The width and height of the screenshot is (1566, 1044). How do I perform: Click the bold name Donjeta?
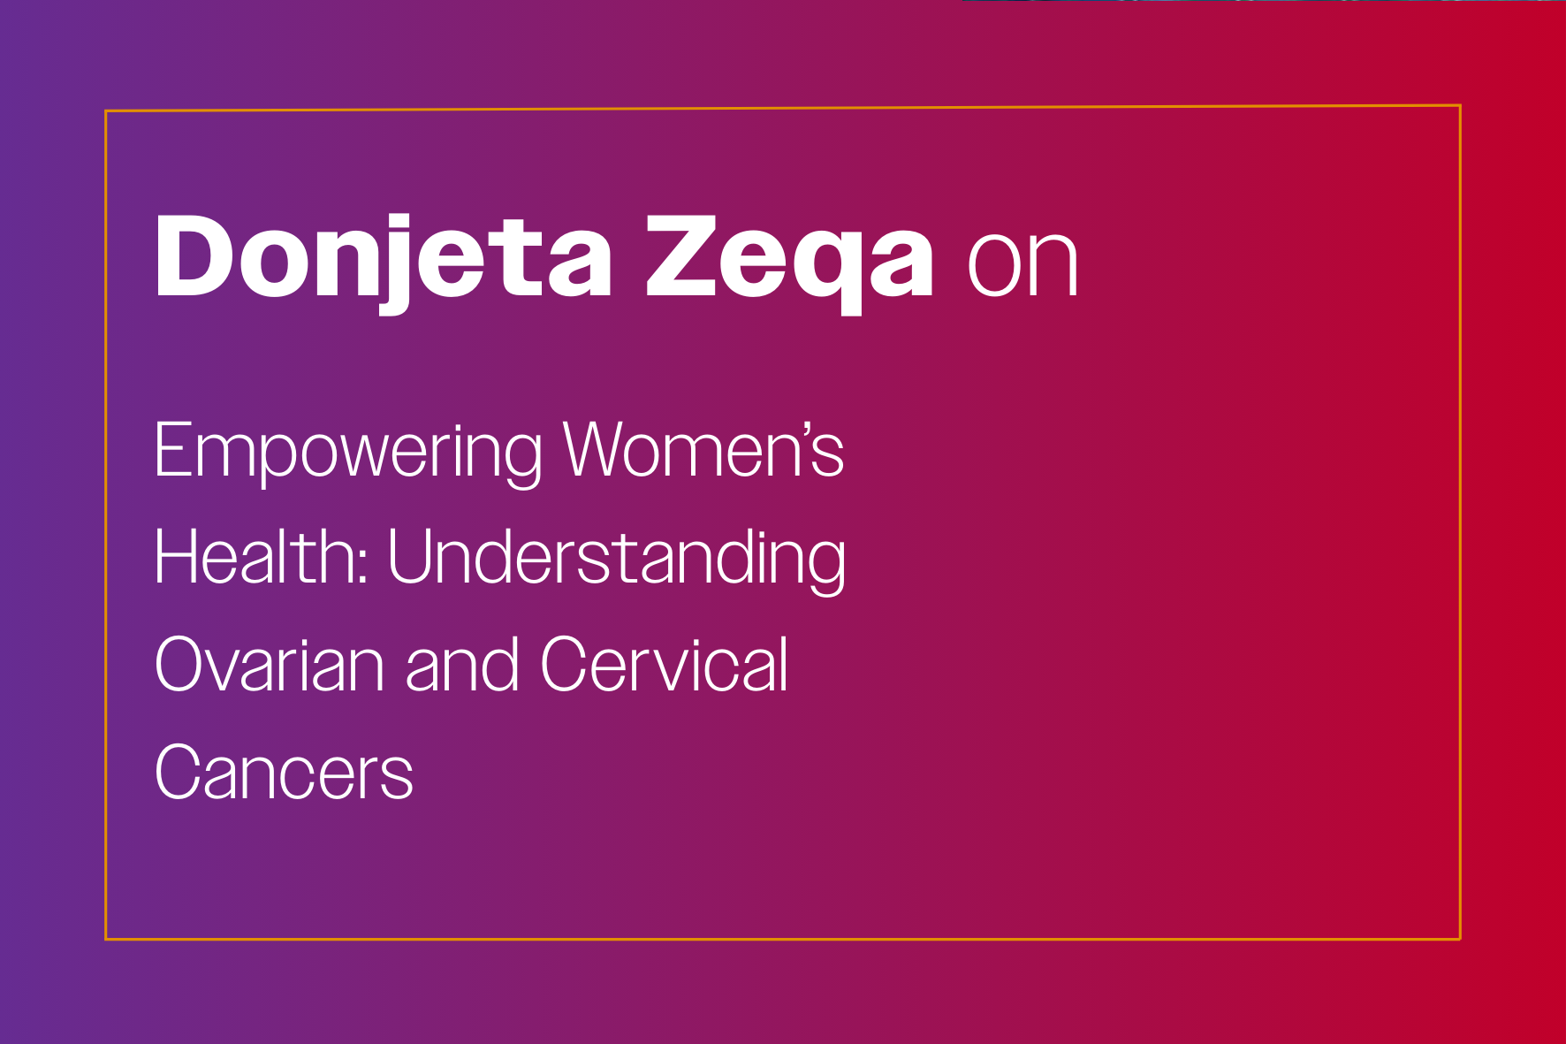click(384, 261)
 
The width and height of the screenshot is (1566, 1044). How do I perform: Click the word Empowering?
click(348, 453)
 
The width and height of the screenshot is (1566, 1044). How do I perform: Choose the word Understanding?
click(616, 560)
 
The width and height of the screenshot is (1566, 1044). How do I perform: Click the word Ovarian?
click(270, 664)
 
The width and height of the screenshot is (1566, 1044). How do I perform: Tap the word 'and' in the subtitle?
click(462, 664)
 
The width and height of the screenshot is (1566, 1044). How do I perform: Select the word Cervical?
click(664, 664)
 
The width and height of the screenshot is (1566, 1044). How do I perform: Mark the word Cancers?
click(284, 772)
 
